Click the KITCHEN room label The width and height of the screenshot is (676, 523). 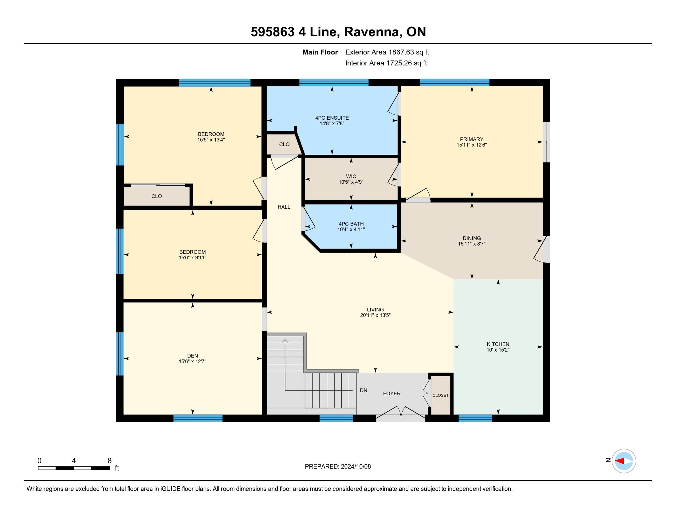[x=498, y=344]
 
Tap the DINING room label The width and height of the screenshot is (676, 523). [x=472, y=238]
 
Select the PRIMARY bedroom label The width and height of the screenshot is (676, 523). [x=471, y=139]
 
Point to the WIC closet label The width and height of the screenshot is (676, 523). [x=351, y=176]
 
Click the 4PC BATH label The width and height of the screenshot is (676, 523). [x=351, y=224]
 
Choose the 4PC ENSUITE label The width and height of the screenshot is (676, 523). [x=332, y=118]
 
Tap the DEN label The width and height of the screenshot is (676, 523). [x=193, y=356]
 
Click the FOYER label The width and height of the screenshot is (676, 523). [x=392, y=393]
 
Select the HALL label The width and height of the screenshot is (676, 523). [x=284, y=207]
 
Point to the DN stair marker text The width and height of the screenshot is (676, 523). [x=364, y=390]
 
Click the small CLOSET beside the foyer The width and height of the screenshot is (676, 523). [x=440, y=395]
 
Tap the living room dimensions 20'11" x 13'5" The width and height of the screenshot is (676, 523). [x=375, y=315]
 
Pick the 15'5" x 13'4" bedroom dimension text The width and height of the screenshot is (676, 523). [x=211, y=140]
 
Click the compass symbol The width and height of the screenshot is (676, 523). [x=624, y=461]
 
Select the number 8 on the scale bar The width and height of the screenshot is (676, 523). [x=110, y=461]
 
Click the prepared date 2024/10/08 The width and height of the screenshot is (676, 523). [x=356, y=467]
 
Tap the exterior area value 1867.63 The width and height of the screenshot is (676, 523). [x=401, y=52]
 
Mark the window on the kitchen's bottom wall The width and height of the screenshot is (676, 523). [x=475, y=418]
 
